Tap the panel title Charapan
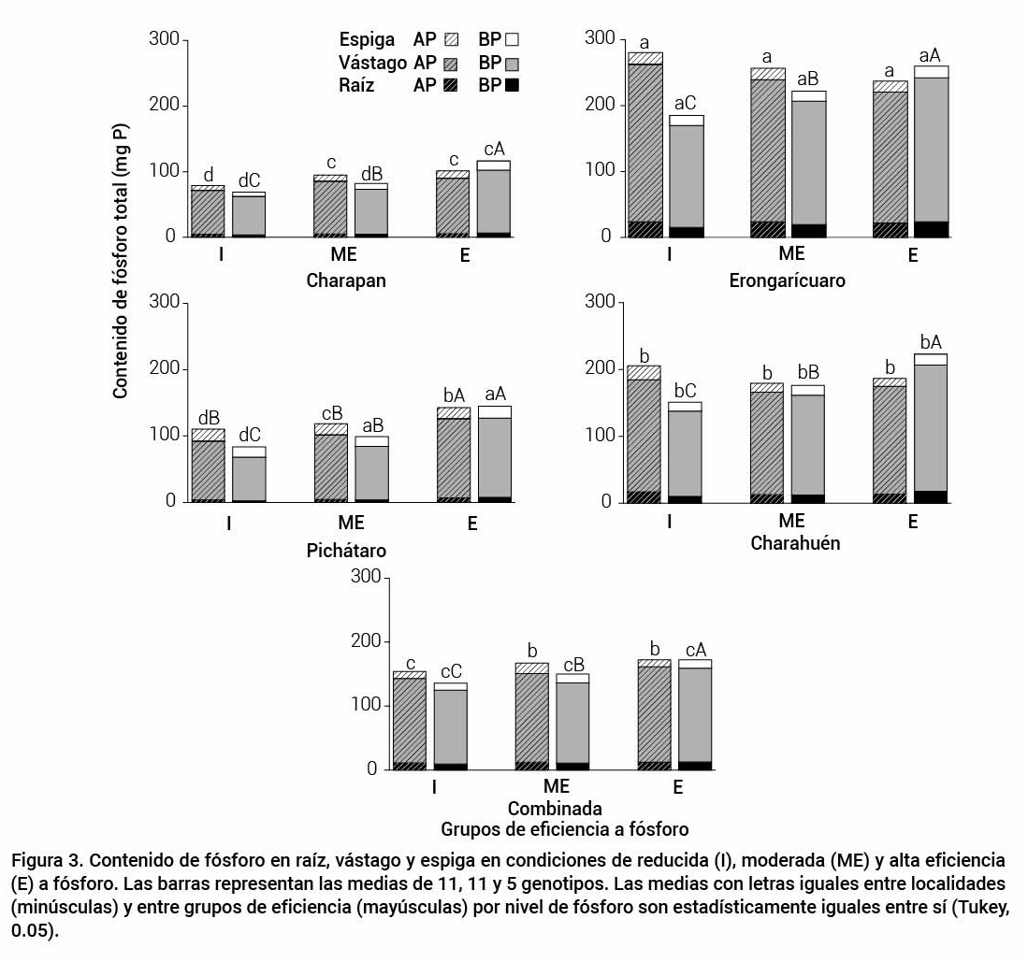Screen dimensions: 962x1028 346,280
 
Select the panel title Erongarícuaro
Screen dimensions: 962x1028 787,280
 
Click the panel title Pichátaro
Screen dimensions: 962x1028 346,551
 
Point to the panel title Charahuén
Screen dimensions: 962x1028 795,543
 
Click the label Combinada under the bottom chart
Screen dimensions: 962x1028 555,808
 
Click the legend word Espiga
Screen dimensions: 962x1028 371,40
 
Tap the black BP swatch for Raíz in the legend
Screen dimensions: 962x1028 512,85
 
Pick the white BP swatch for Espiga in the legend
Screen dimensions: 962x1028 512,40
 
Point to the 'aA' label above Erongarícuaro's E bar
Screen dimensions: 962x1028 931,54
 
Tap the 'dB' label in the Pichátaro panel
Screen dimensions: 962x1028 209,417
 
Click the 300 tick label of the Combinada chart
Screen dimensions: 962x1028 366,577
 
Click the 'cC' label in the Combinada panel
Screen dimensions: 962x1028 451,671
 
